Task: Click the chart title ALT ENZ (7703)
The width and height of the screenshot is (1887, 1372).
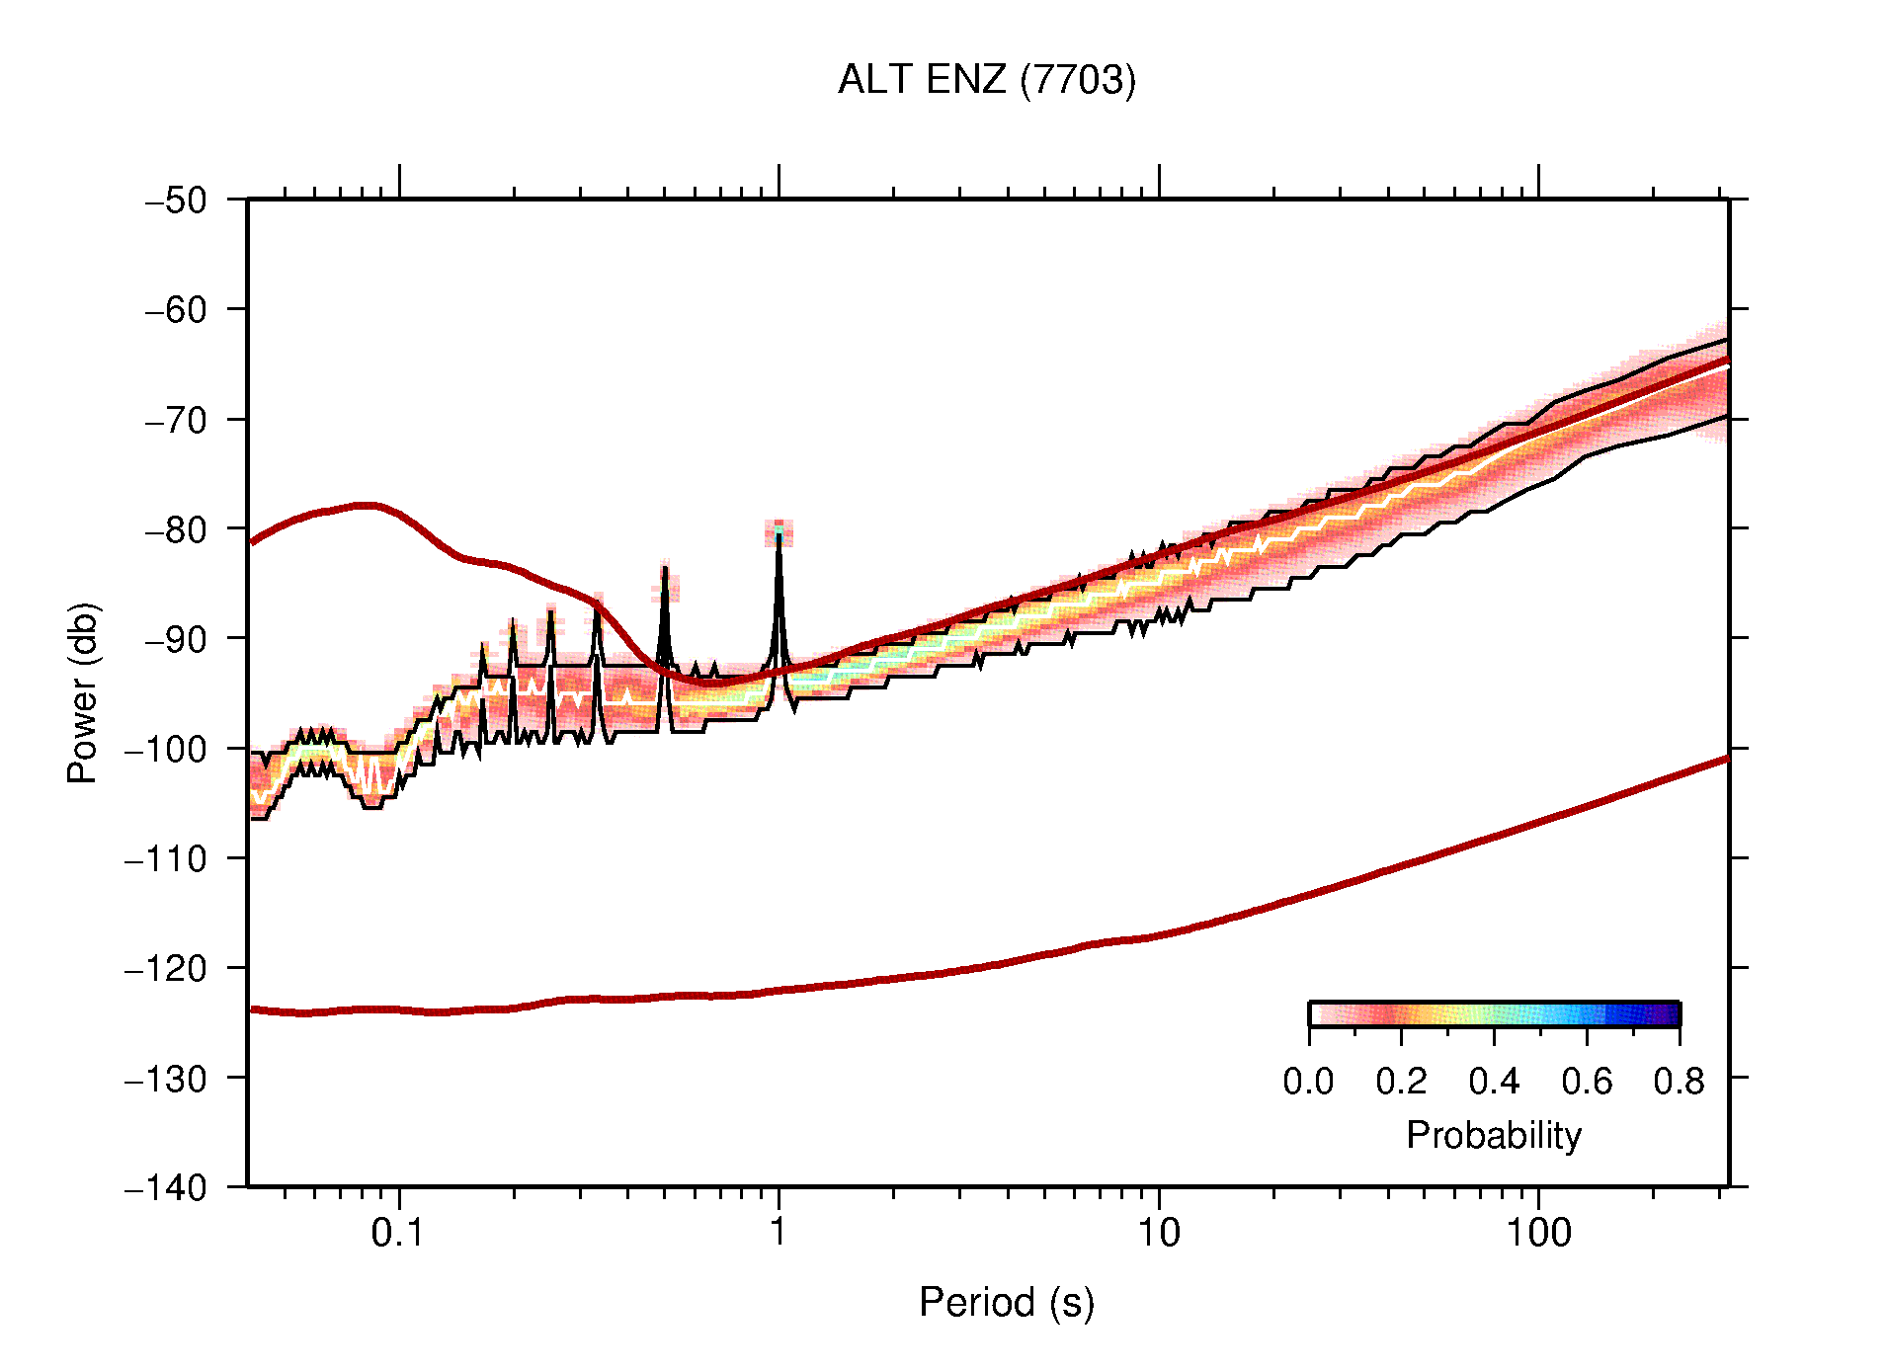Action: [x=986, y=79]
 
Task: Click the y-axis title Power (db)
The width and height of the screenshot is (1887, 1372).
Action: [x=83, y=692]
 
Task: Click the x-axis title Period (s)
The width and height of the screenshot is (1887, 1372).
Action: [x=1006, y=1302]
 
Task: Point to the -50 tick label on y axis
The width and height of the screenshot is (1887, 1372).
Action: [x=176, y=201]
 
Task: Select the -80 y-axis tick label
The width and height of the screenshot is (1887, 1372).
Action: [x=176, y=529]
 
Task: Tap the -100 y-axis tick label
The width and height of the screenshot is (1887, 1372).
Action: [x=166, y=749]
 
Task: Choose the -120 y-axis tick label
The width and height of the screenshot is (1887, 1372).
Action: [x=166, y=968]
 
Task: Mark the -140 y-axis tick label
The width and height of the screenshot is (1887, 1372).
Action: [x=166, y=1187]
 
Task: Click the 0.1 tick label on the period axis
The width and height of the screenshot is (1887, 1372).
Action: [x=397, y=1233]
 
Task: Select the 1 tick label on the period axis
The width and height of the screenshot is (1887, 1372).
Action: [x=779, y=1233]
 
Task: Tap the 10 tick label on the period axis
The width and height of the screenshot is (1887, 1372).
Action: [x=1158, y=1233]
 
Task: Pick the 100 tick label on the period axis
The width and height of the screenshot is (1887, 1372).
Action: [x=1537, y=1233]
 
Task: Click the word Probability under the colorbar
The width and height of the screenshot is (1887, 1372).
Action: [x=1493, y=1135]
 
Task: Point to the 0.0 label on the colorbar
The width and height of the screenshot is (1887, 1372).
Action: [x=1308, y=1082]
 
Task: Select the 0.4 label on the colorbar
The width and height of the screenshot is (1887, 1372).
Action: [x=1494, y=1082]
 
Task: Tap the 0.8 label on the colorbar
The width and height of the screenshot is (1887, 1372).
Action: [x=1679, y=1082]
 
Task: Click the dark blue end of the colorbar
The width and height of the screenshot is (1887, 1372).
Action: [x=1670, y=1014]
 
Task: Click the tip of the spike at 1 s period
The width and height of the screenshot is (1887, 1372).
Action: [x=779, y=534]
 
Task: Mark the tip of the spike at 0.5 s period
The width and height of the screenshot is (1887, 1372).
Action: [x=665, y=568]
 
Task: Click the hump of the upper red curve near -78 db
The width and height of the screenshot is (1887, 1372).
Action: [x=366, y=505]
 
